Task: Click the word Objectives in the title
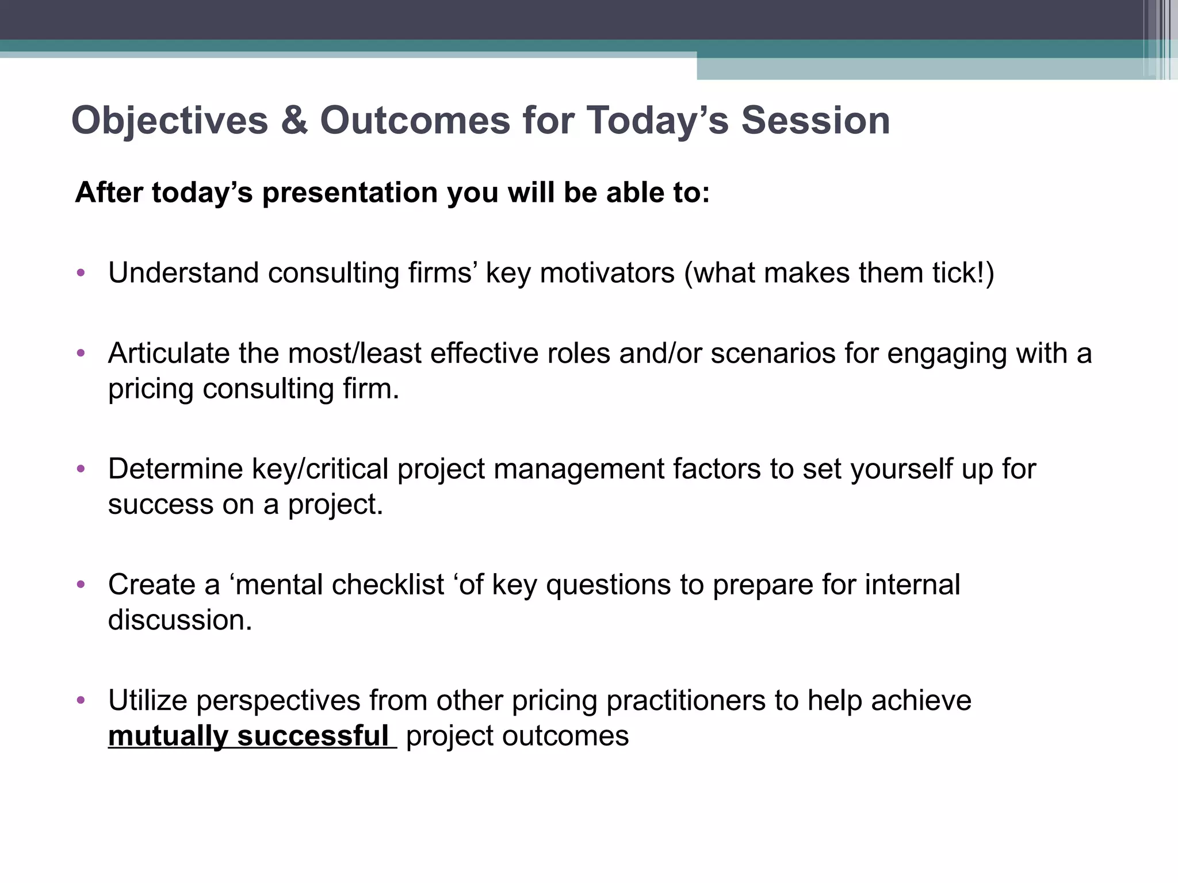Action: [170, 121]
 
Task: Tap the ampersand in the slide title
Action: [294, 121]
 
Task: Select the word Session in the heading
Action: [815, 121]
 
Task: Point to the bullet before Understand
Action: [81, 272]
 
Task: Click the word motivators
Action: [607, 272]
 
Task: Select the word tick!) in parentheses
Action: [963, 272]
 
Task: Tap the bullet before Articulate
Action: [81, 353]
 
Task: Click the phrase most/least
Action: [355, 353]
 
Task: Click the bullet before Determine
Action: [81, 469]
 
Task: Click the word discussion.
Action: [180, 620]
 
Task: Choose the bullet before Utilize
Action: [81, 700]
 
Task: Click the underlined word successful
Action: [313, 736]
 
